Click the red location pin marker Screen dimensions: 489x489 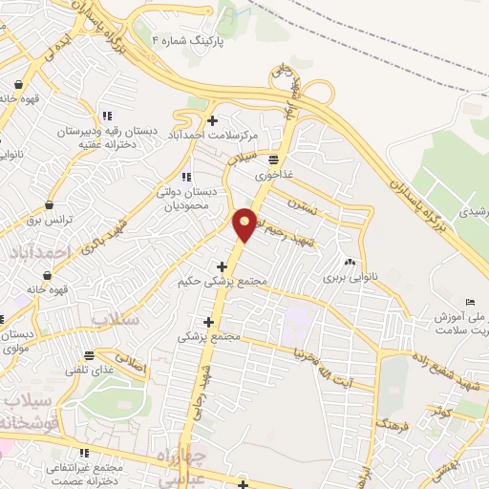(x=245, y=223)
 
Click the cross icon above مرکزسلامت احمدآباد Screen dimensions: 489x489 (x=212, y=120)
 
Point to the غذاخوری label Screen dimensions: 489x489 (x=273, y=176)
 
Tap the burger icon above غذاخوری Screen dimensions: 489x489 (x=273, y=159)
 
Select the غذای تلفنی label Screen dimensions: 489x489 (x=90, y=370)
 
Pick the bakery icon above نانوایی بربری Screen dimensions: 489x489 (x=350, y=262)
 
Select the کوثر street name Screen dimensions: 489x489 (x=438, y=410)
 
